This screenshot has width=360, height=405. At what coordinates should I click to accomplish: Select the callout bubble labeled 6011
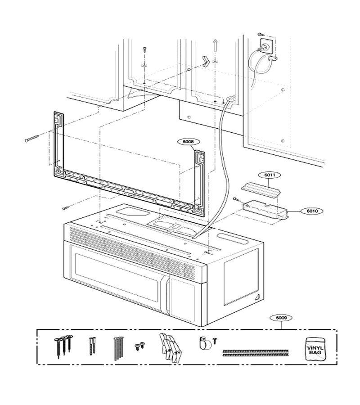click(x=270, y=175)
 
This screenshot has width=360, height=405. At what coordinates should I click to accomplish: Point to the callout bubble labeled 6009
click(x=281, y=318)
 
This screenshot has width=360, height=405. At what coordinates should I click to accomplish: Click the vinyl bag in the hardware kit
click(x=315, y=349)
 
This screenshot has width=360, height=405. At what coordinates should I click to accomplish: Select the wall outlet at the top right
click(x=266, y=45)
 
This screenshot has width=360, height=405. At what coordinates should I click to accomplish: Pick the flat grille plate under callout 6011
click(x=261, y=189)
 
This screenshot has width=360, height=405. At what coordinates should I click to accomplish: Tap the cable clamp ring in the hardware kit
click(x=203, y=343)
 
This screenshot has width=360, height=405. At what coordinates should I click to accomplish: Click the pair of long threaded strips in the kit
click(x=256, y=353)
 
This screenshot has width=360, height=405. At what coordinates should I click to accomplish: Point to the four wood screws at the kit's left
click(x=63, y=346)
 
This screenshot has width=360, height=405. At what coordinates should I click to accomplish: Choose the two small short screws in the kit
click(x=139, y=346)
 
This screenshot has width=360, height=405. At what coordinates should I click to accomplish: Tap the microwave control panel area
click(x=183, y=299)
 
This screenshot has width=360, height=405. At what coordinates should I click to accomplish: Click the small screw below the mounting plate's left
click(x=66, y=208)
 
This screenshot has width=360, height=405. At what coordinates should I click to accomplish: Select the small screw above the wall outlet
click(x=260, y=34)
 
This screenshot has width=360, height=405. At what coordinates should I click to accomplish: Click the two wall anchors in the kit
click(x=92, y=346)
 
